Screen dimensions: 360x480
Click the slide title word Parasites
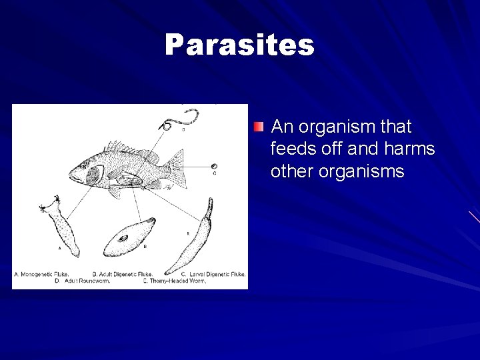click(239, 45)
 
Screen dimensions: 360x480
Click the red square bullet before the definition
click(259, 127)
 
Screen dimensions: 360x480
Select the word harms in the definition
click(409, 149)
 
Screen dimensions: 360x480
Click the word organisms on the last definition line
click(361, 171)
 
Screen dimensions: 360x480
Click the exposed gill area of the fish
click(94, 175)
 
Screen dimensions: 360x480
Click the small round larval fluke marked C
click(213, 167)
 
